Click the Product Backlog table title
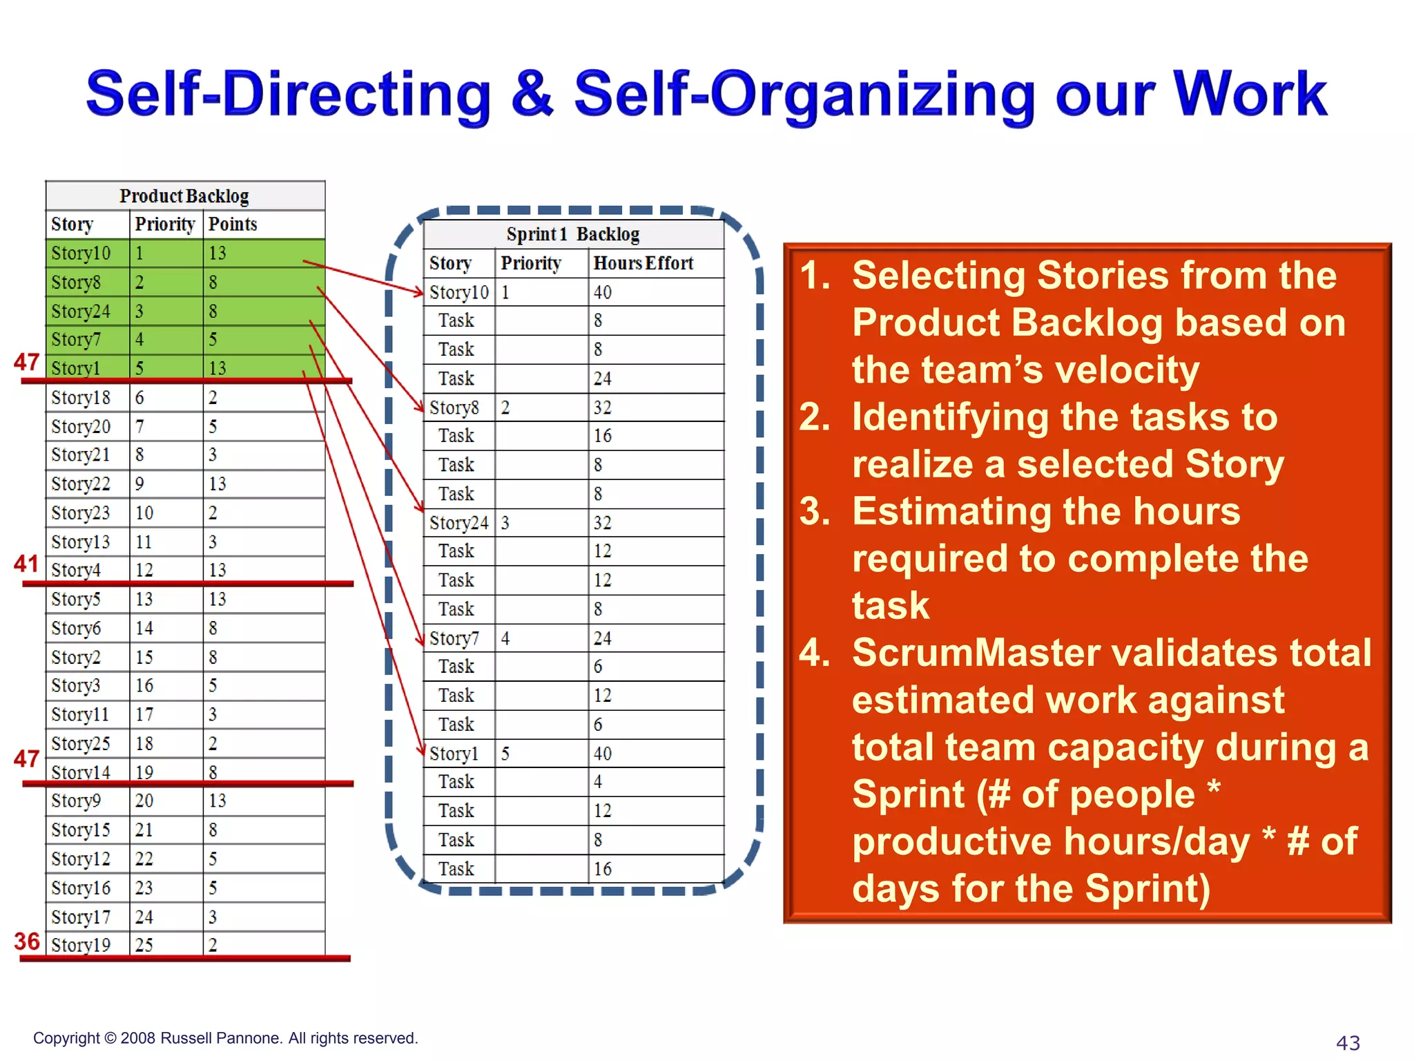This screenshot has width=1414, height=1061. [184, 196]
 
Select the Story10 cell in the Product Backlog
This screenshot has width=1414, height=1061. [81, 254]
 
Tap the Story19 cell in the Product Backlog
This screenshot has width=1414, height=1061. [81, 944]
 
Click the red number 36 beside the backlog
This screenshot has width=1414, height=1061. [27, 941]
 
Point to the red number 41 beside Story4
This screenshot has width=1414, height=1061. [26, 564]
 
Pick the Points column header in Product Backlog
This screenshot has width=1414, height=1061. [233, 224]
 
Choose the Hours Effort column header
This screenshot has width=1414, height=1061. [643, 263]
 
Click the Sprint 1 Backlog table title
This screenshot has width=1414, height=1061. [572, 235]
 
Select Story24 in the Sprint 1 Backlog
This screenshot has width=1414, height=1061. [458, 523]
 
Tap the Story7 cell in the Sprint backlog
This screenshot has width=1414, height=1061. [454, 638]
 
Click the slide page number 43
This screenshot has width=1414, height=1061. [1348, 1042]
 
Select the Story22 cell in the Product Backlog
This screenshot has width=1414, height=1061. [81, 484]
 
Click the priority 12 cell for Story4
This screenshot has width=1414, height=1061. [144, 571]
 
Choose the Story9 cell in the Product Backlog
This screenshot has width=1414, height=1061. [76, 801]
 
